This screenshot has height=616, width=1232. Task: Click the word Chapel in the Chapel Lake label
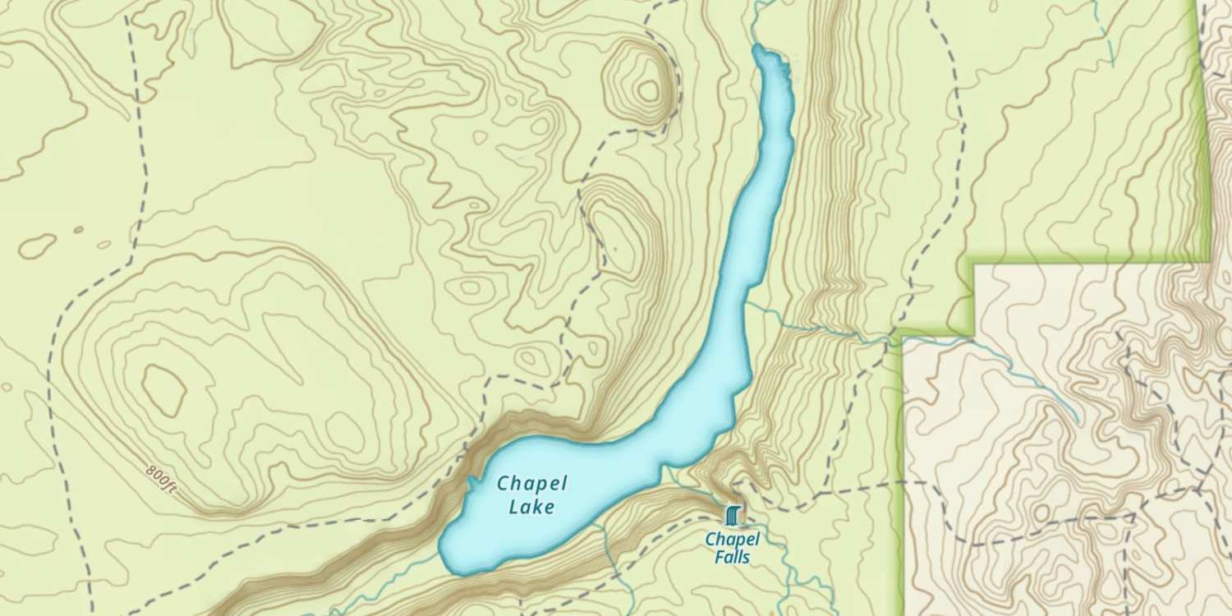(x=531, y=483)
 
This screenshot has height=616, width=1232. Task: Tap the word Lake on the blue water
(x=531, y=507)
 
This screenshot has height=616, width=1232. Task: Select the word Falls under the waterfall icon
(x=732, y=558)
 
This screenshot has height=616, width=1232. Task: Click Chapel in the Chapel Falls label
(x=733, y=540)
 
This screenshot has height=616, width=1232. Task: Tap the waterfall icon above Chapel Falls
(x=733, y=515)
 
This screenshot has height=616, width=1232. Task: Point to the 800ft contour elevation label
(x=161, y=480)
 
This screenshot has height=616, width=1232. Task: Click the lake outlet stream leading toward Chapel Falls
(x=673, y=476)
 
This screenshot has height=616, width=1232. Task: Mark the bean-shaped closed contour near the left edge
(x=38, y=244)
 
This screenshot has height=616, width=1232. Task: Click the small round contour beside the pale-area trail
(x=1041, y=513)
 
